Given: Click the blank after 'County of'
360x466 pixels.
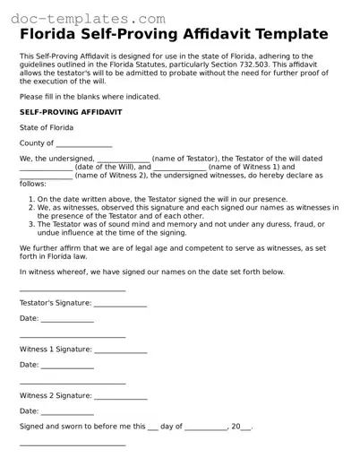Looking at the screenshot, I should pyautogui.click(x=84, y=144).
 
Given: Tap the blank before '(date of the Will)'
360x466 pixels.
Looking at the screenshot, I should pyautogui.click(x=46, y=168).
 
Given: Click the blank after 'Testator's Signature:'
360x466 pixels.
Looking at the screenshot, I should pyautogui.click(x=120, y=305).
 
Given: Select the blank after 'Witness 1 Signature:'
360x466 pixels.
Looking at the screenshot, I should pyautogui.click(x=120, y=350).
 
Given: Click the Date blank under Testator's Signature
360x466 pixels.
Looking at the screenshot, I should pyautogui.click(x=67, y=320).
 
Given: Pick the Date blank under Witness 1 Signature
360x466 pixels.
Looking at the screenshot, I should pyautogui.click(x=67, y=367).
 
